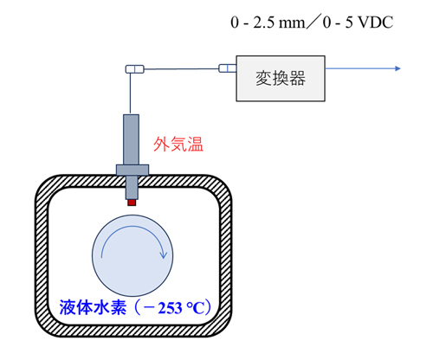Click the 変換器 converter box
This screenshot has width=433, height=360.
click(281, 79)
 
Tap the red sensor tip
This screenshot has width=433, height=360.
click(132, 202)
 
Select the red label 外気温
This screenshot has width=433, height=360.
click(178, 145)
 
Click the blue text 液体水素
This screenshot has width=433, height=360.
click(93, 307)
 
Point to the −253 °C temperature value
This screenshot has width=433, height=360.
click(174, 308)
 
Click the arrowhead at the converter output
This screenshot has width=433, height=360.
click(397, 68)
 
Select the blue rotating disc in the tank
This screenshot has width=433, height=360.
click(132, 255)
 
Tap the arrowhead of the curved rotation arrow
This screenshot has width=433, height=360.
click(164, 255)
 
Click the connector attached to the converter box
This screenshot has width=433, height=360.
click(228, 68)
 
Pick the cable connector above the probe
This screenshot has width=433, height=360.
click(134, 69)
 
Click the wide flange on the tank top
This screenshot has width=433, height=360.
click(132, 170)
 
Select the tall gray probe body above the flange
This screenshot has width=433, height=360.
click(132, 139)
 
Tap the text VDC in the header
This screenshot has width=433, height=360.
click(375, 22)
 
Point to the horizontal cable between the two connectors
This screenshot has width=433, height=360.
click(181, 69)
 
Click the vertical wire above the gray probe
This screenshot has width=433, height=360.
click(130, 93)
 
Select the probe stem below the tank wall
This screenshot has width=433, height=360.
click(132, 188)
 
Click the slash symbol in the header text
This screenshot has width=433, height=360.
click(313, 22)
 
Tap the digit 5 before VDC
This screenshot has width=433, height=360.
click(349, 22)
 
